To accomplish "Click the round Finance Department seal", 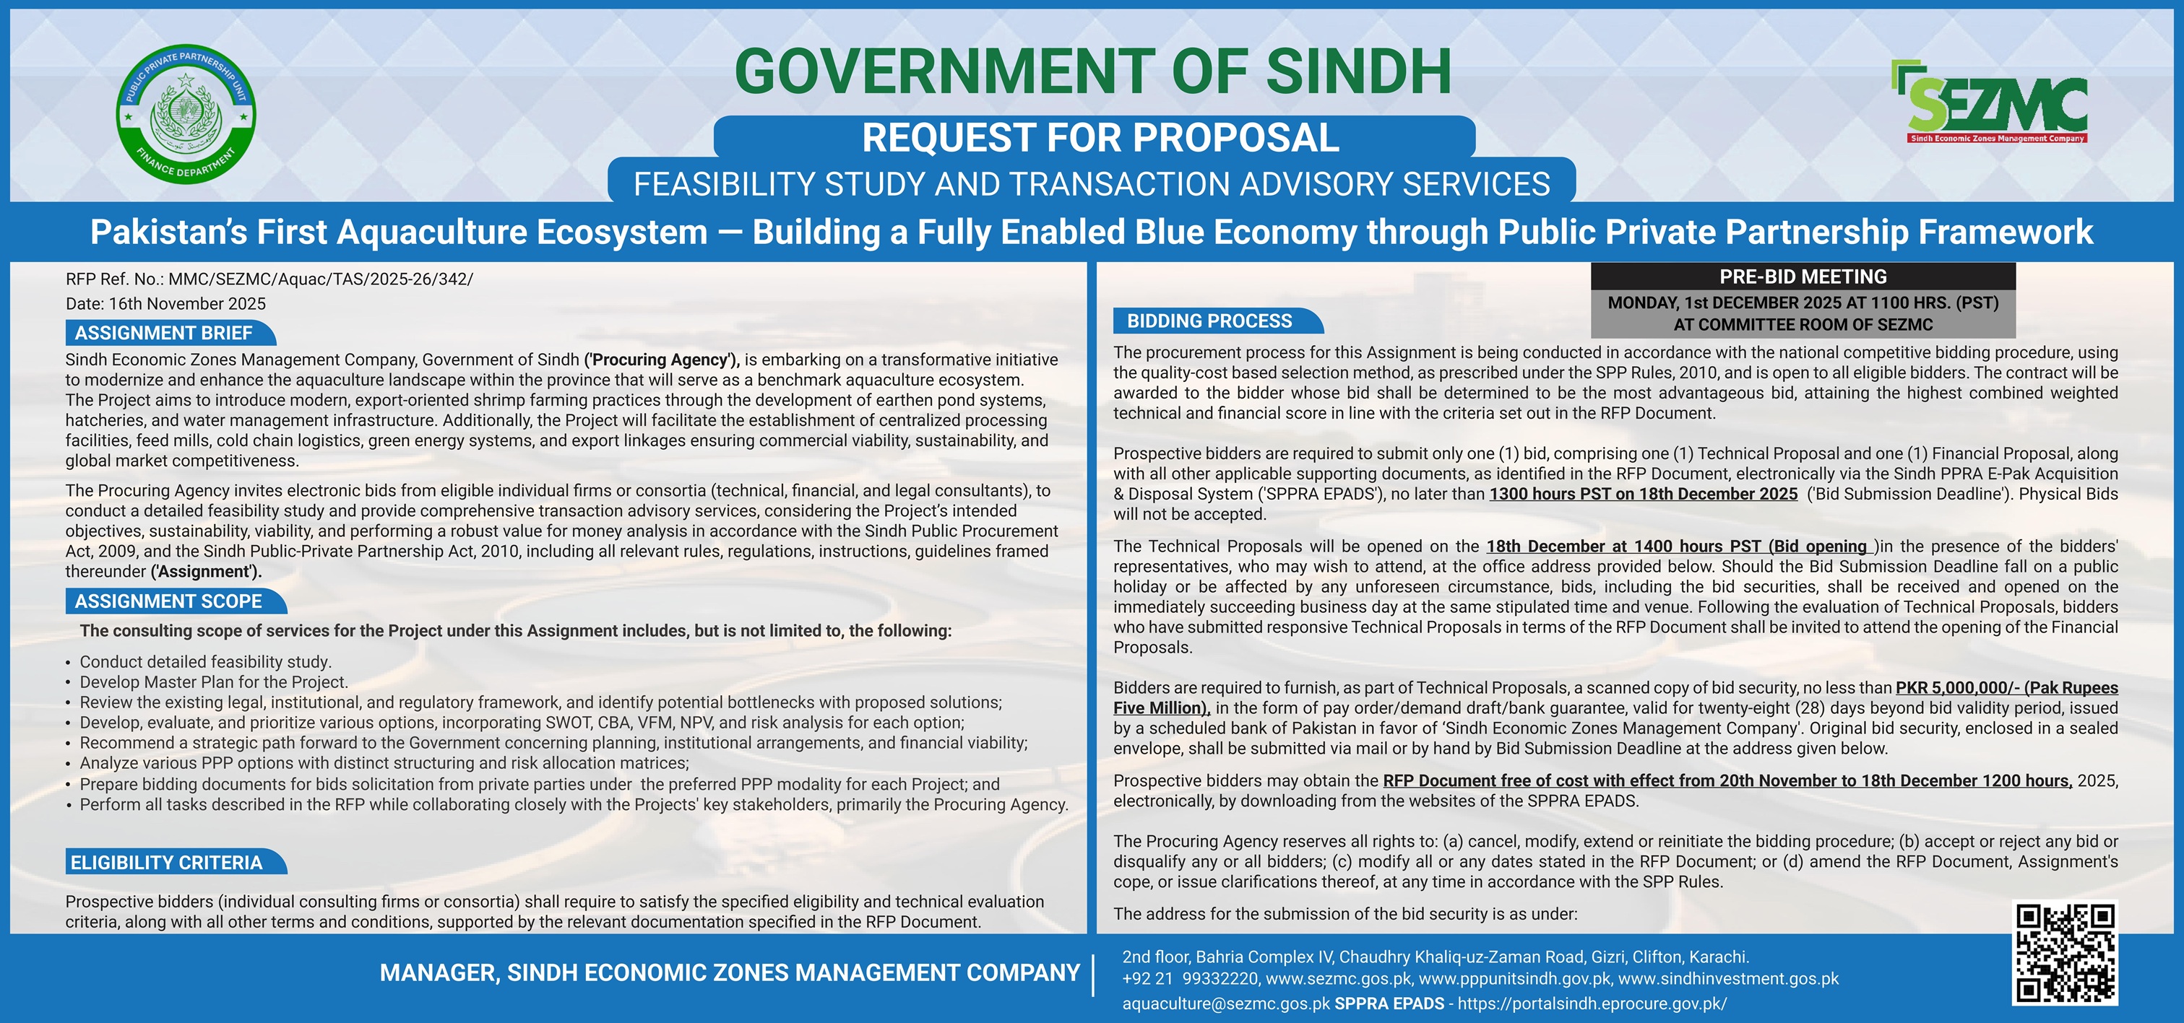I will coord(186,113).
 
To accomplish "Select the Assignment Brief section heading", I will coord(163,333).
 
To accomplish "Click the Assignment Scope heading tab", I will coord(169,601).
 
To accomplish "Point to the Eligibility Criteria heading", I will coord(167,862).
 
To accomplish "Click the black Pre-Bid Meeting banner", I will coord(1803,277).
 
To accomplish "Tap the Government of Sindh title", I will coord(1092,71).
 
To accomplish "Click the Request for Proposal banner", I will coord(1100,138).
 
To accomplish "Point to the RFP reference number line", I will coord(269,279).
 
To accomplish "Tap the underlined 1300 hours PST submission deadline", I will coord(1643,494).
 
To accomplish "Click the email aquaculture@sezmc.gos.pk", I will coord(1226,1004).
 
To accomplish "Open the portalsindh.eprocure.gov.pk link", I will coord(1592,1004).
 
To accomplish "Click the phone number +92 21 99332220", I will coord(1189,979).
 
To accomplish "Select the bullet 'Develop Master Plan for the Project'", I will coord(214,682).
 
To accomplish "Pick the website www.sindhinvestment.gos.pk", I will coord(1728,979).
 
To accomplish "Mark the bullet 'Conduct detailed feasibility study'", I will coord(205,662).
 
